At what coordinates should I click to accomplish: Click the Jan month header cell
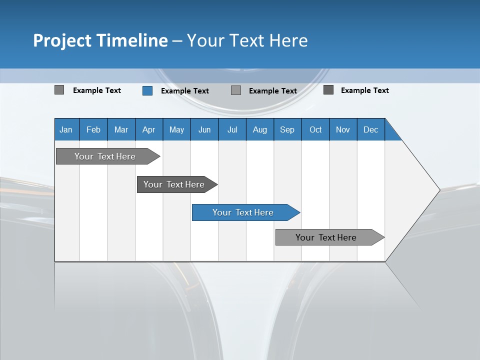coord(66,129)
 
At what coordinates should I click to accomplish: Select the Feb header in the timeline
coord(93,129)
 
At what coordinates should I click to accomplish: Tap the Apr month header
coord(149,129)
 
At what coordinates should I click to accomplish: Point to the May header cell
coord(176,129)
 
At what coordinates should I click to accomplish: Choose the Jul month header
coord(232,129)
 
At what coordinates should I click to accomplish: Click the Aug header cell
coord(260,129)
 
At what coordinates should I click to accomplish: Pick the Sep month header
coord(287,129)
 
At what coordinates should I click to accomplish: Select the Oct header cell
coord(315,129)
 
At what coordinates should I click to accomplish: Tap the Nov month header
coord(343,129)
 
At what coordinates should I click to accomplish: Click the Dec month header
coord(371,129)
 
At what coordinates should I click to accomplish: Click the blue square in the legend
coord(147,90)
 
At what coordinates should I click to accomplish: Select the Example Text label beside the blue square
coord(185,91)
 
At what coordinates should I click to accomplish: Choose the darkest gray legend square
coord(328,90)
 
